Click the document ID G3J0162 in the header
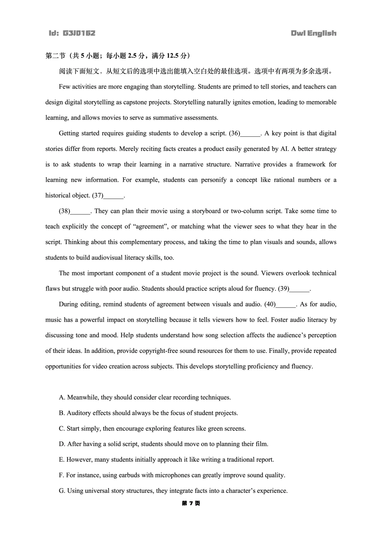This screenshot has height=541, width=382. coord(72,33)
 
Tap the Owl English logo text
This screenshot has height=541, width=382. coord(313,33)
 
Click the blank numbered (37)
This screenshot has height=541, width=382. coord(114,196)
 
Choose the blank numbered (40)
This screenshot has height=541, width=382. coord(286,305)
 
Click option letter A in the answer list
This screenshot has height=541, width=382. coord(62,398)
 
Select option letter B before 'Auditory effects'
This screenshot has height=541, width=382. coord(62,413)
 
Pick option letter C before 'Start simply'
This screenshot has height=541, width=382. coord(62,429)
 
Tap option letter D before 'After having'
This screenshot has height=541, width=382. coord(62,444)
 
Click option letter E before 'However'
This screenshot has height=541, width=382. coord(62,460)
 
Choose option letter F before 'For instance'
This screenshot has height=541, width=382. coord(61,475)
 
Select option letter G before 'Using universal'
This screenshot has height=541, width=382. coord(62,491)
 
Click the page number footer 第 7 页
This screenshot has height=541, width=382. coord(191,503)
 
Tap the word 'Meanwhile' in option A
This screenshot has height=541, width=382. coord(82,398)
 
